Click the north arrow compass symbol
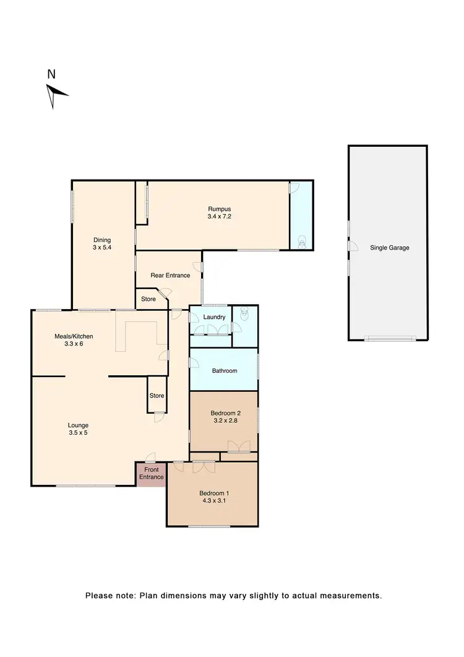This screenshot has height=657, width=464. click(x=56, y=95)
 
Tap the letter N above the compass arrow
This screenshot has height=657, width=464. click(x=51, y=74)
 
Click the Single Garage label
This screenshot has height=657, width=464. click(x=389, y=248)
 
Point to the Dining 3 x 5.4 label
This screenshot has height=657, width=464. click(x=102, y=243)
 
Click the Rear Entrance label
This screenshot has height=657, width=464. click(x=170, y=275)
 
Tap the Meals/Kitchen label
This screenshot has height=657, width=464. click(x=74, y=339)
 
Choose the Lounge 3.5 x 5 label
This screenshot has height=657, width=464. click(x=78, y=429)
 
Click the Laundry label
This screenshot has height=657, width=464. click(x=214, y=317)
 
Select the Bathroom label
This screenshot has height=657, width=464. click(x=224, y=371)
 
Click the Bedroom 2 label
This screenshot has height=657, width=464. click(x=224, y=416)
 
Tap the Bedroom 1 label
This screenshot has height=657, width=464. click(x=213, y=497)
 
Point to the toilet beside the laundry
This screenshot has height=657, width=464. click(x=244, y=315)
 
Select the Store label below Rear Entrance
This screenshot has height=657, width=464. click(x=148, y=298)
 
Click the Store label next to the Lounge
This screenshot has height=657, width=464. click(x=157, y=396)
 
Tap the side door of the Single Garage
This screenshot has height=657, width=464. click(x=352, y=247)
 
